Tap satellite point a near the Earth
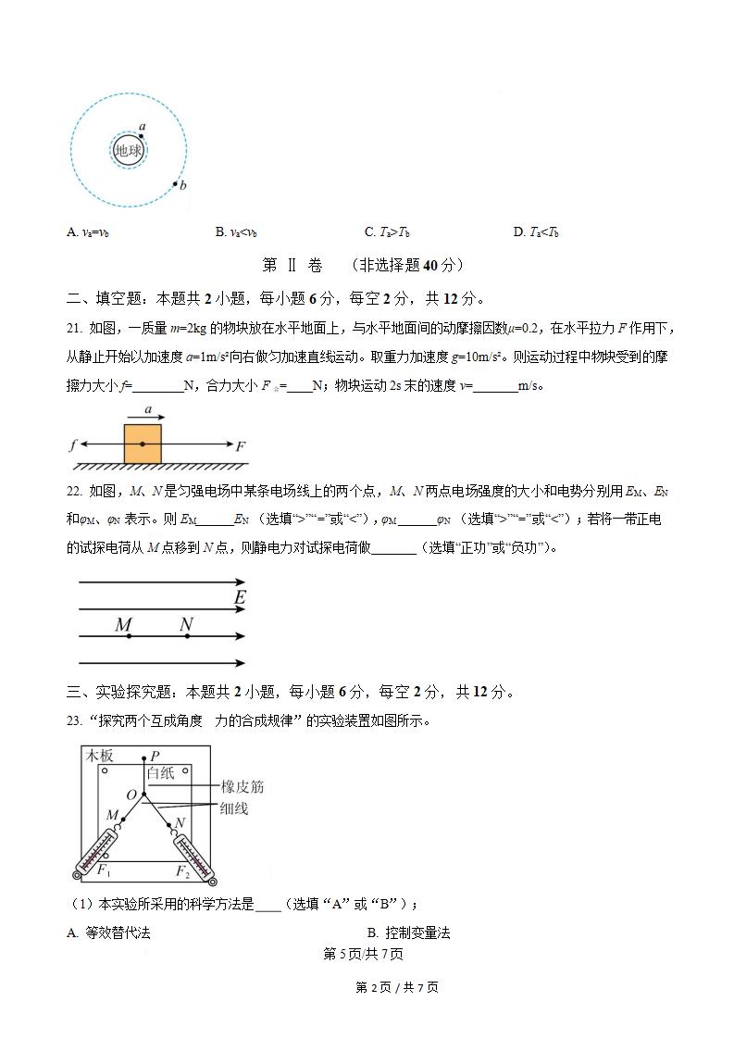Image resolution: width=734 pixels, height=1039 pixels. (142, 135)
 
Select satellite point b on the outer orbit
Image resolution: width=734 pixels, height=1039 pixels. (175, 183)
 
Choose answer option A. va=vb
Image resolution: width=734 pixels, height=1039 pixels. (88, 232)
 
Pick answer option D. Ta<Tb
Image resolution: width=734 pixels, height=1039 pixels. (537, 232)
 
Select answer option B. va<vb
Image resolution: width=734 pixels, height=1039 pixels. (236, 232)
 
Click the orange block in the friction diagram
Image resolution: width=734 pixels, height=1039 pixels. (143, 443)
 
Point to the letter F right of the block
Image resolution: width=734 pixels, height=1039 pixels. (240, 446)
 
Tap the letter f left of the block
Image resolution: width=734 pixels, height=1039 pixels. (72, 445)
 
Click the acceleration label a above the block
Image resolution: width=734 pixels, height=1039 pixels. (148, 407)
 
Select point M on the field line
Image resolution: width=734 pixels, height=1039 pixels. (128, 636)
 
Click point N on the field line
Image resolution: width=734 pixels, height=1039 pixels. (185, 636)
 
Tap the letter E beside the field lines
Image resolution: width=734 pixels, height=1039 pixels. (240, 597)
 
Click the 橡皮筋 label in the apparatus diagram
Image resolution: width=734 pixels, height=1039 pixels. (242, 787)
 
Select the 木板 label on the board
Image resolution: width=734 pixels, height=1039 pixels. (100, 756)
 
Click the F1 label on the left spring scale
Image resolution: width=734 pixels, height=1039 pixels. (105, 870)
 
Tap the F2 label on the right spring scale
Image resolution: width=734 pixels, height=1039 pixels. (182, 870)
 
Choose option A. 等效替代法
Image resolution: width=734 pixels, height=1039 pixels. (108, 933)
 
